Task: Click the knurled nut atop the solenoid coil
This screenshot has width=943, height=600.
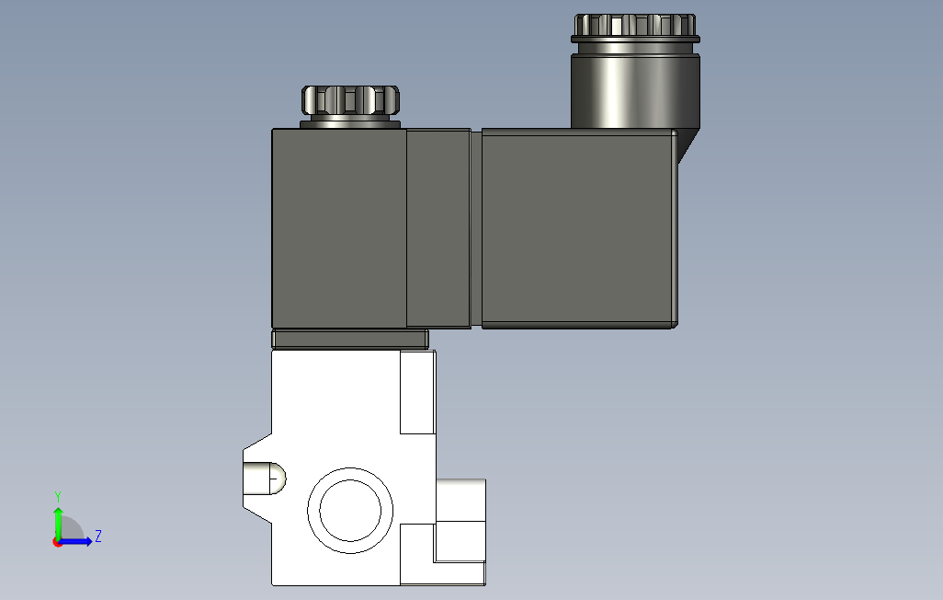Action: click(350, 100)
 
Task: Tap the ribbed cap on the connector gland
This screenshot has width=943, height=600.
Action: click(635, 25)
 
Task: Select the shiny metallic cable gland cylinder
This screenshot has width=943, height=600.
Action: click(635, 90)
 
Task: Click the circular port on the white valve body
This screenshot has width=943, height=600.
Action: click(350, 510)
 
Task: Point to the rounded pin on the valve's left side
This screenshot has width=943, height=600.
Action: click(265, 479)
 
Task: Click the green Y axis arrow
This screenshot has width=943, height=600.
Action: click(58, 524)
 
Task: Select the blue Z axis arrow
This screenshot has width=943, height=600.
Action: click(74, 542)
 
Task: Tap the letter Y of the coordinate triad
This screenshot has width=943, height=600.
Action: click(58, 497)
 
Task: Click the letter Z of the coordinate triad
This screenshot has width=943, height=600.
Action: click(98, 536)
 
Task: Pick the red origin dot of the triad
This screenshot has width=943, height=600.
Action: click(57, 543)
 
